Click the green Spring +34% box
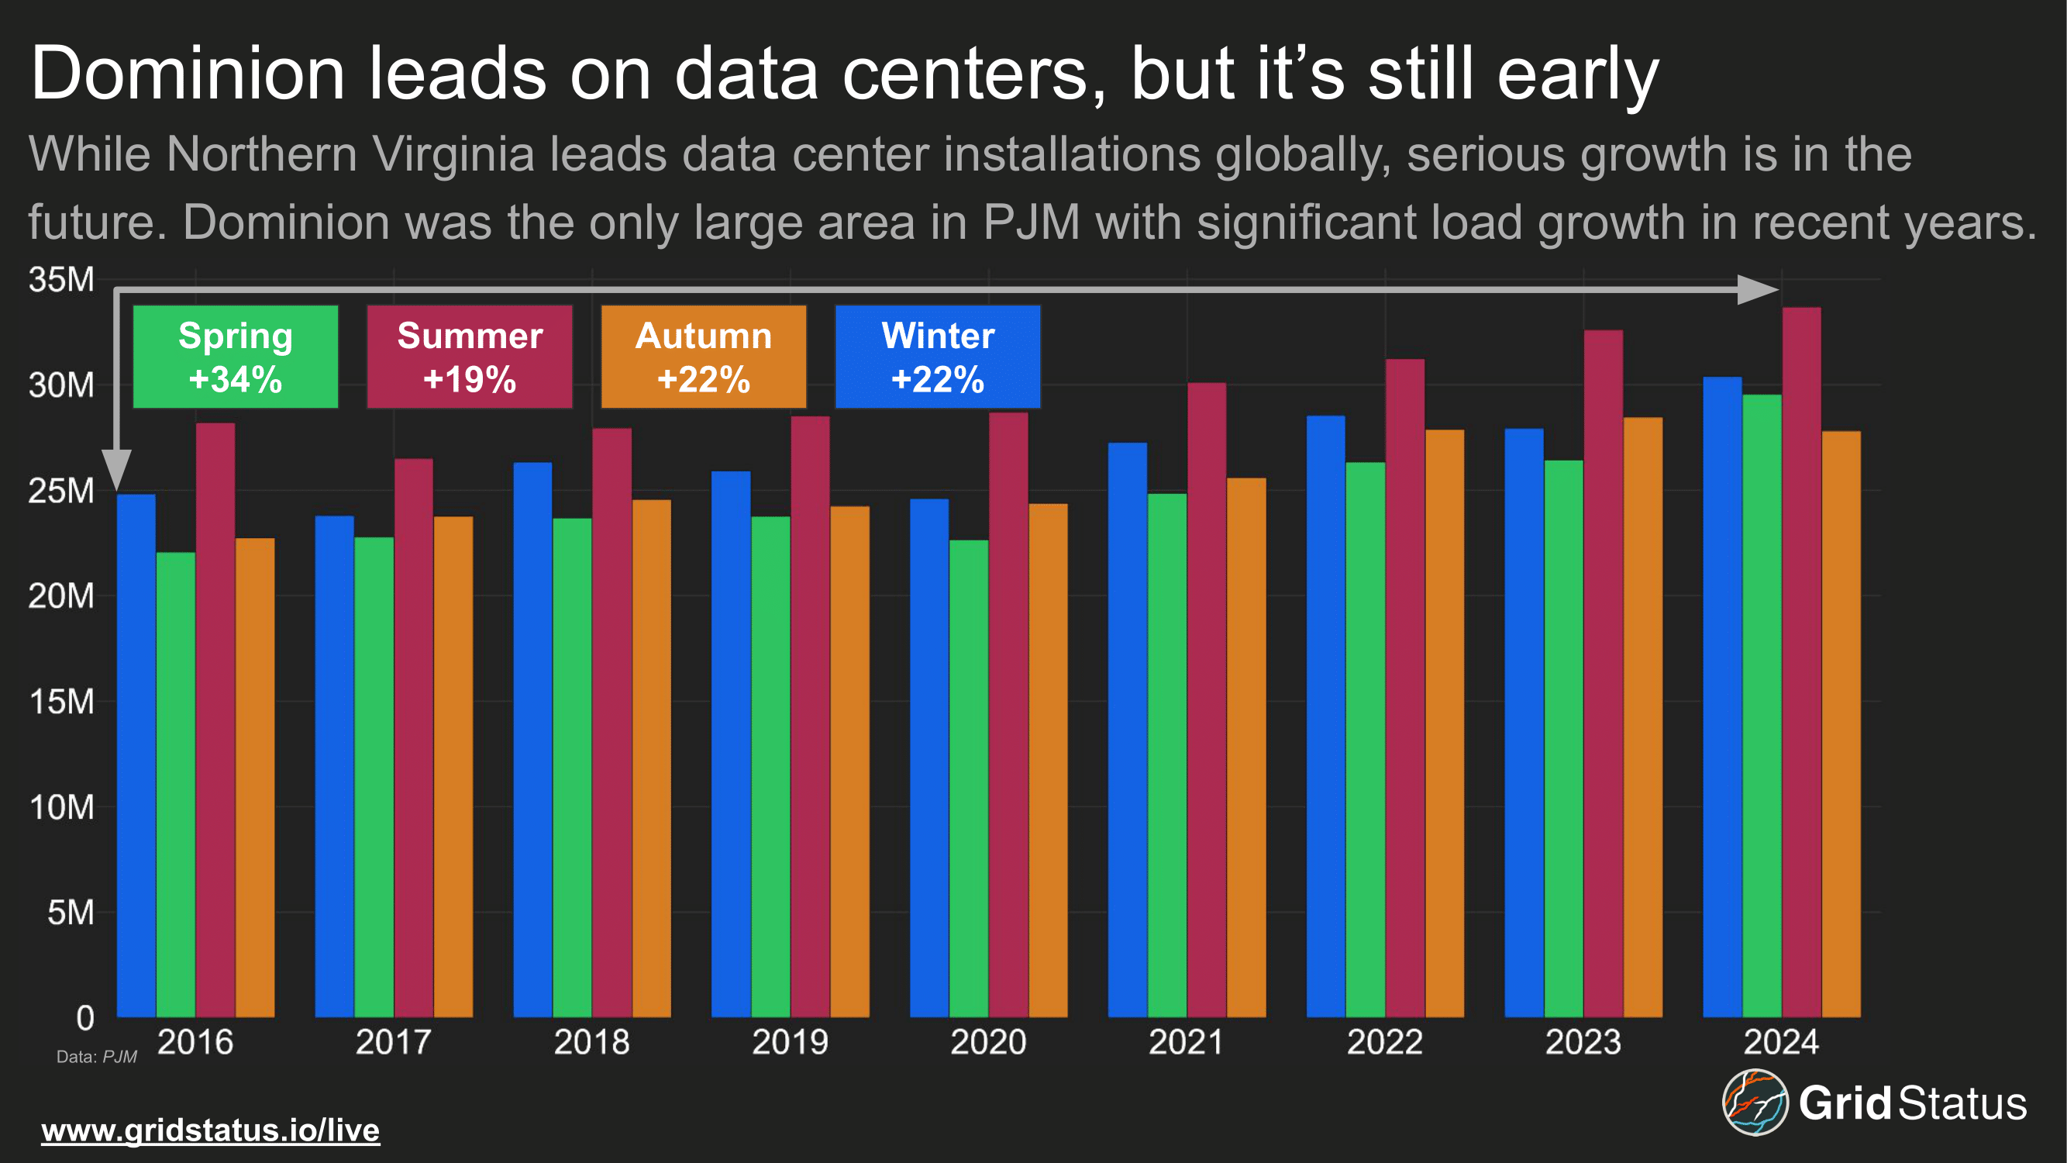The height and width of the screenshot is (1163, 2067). pos(235,357)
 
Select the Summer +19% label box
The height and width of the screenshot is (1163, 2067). pos(470,357)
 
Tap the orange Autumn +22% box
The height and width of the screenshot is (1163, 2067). pos(704,357)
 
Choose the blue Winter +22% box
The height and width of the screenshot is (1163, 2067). pos(937,357)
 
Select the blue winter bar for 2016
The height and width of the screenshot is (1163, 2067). pos(136,754)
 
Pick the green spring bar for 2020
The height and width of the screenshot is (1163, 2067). pos(969,778)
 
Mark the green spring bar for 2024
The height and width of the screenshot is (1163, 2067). pos(1762,706)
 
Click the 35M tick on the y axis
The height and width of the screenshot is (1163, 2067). pos(61,279)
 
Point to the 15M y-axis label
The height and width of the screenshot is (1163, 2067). pos(61,702)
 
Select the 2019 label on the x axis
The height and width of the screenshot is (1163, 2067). pos(790,1042)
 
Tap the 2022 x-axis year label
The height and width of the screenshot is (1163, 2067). pos(1384,1042)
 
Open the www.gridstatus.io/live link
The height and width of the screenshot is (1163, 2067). pos(210,1130)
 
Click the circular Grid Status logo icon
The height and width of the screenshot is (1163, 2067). pos(1755,1102)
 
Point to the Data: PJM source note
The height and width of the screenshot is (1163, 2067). pos(96,1057)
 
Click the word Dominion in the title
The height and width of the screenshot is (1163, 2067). pos(188,74)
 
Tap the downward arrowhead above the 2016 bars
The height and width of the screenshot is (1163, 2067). pos(117,470)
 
